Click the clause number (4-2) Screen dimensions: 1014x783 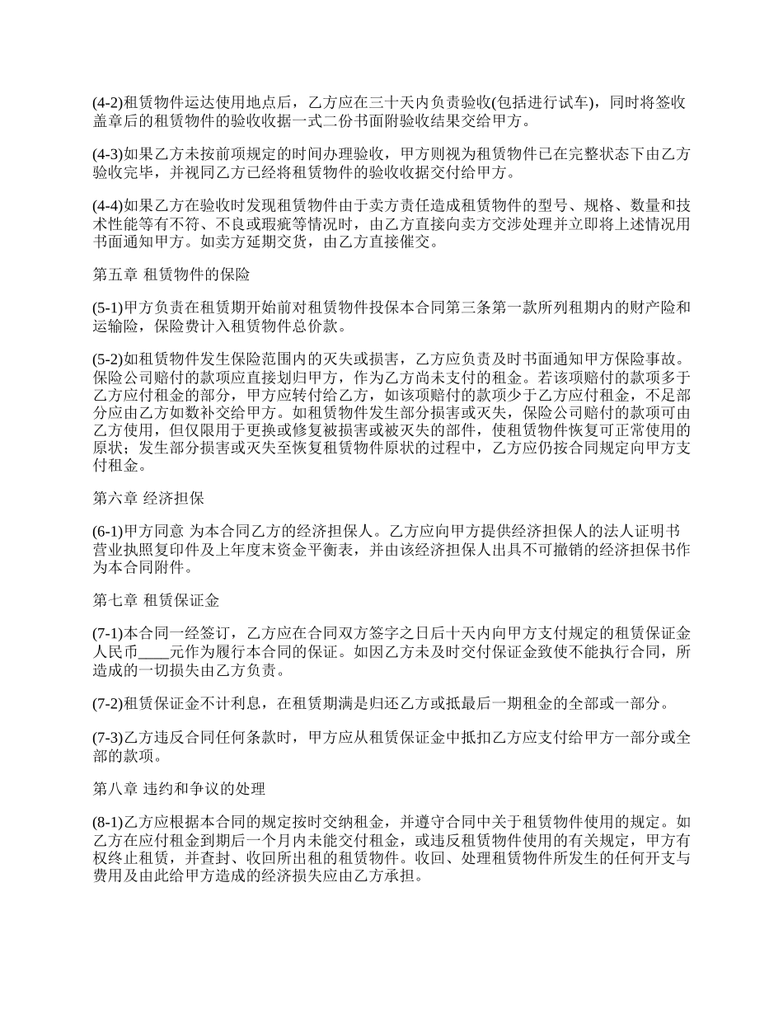point(107,103)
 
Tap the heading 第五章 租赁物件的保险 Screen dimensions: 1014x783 point(171,273)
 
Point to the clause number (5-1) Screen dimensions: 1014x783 point(107,307)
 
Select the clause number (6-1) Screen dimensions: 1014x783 point(107,532)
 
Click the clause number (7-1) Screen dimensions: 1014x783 point(107,634)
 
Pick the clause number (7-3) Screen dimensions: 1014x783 point(107,737)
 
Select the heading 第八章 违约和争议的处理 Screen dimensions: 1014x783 point(179,789)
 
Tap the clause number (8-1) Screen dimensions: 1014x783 point(107,823)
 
